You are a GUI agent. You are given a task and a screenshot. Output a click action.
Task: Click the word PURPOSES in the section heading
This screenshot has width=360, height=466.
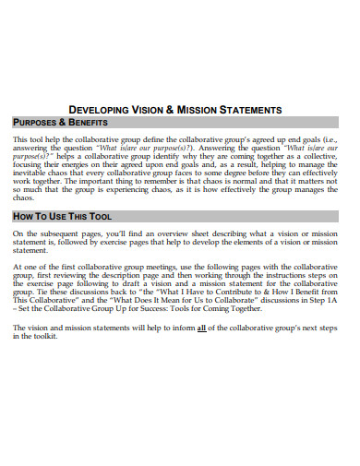click(x=37, y=123)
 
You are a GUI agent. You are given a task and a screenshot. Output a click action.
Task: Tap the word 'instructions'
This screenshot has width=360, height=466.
click(x=282, y=275)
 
